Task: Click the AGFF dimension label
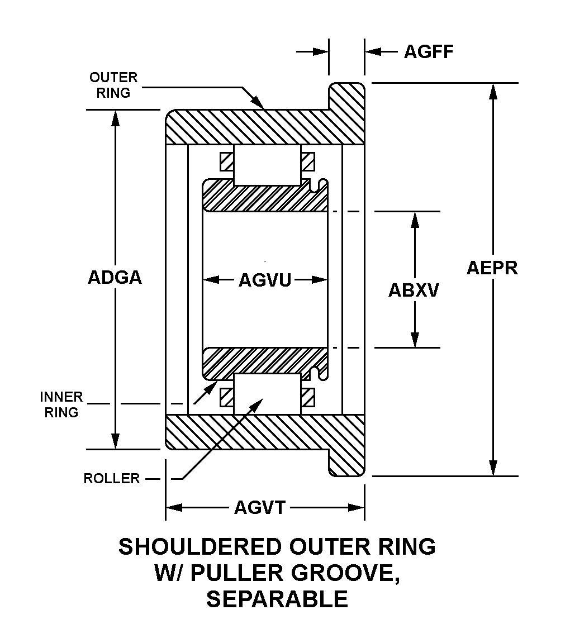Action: point(429,51)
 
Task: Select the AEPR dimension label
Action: point(492,268)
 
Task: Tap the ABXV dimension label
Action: point(414,290)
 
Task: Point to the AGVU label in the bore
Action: point(265,279)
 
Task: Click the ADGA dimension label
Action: point(115,278)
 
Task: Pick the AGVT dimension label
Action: point(260,507)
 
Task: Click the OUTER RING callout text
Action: point(113,85)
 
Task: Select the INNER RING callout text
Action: point(61,405)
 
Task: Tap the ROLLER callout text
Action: point(111,478)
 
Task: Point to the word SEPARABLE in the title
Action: point(277,599)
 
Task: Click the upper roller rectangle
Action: point(267,165)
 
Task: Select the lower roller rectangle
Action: point(267,394)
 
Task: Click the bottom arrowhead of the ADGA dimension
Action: point(115,441)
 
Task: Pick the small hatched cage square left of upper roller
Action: point(226,162)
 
